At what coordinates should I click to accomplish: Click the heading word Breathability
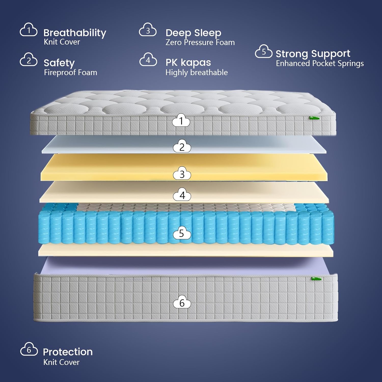pos(75,33)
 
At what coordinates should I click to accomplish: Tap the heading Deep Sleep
pos(193,33)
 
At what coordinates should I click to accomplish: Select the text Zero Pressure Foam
pos(200,42)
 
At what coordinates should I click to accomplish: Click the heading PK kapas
pos(188,62)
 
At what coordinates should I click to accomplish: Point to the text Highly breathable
pos(196,73)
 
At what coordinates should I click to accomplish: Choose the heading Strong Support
pos(313,54)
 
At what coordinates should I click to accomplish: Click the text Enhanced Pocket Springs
pos(320,63)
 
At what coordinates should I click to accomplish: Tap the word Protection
pos(68,352)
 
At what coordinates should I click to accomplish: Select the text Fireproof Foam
pos(70,73)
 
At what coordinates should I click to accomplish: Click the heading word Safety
pos(59,63)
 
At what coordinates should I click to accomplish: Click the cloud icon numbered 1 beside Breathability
pos(29,30)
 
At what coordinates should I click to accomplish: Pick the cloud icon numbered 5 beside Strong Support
pos(264,51)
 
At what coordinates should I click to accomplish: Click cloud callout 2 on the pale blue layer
pos(182,146)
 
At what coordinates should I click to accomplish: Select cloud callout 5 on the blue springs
pos(182,233)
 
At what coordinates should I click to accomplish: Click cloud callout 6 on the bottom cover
pos(182,302)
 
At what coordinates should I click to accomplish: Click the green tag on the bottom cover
pos(316,278)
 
